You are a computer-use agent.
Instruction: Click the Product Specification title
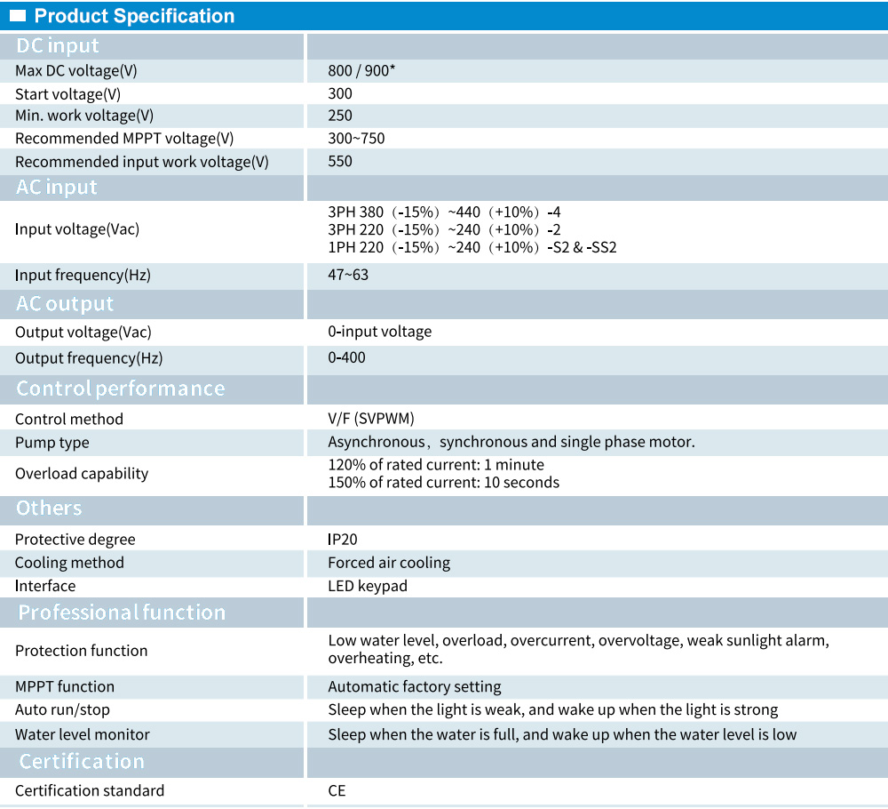[134, 16]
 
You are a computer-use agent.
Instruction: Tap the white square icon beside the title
[18, 16]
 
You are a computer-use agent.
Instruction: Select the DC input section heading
[58, 46]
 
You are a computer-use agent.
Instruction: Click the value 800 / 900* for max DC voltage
[361, 70]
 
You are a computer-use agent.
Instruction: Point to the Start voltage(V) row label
[68, 93]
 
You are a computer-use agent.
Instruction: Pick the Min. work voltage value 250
[340, 116]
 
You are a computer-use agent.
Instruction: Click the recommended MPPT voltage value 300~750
[356, 139]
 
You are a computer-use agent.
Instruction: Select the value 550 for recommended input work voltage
[340, 162]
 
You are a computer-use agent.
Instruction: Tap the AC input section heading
[57, 188]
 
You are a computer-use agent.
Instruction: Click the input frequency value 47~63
[348, 275]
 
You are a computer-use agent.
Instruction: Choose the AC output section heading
[65, 304]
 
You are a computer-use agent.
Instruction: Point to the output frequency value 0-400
[346, 357]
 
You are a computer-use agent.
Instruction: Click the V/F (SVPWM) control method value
[371, 419]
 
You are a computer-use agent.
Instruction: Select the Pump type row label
[52, 443]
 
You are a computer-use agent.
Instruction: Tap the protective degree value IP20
[343, 540]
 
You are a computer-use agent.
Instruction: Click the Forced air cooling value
[389, 563]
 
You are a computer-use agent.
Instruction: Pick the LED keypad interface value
[368, 586]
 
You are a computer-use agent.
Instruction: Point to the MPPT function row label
[65, 686]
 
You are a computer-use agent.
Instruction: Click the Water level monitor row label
[83, 734]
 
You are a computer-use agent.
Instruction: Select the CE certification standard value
[337, 790]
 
